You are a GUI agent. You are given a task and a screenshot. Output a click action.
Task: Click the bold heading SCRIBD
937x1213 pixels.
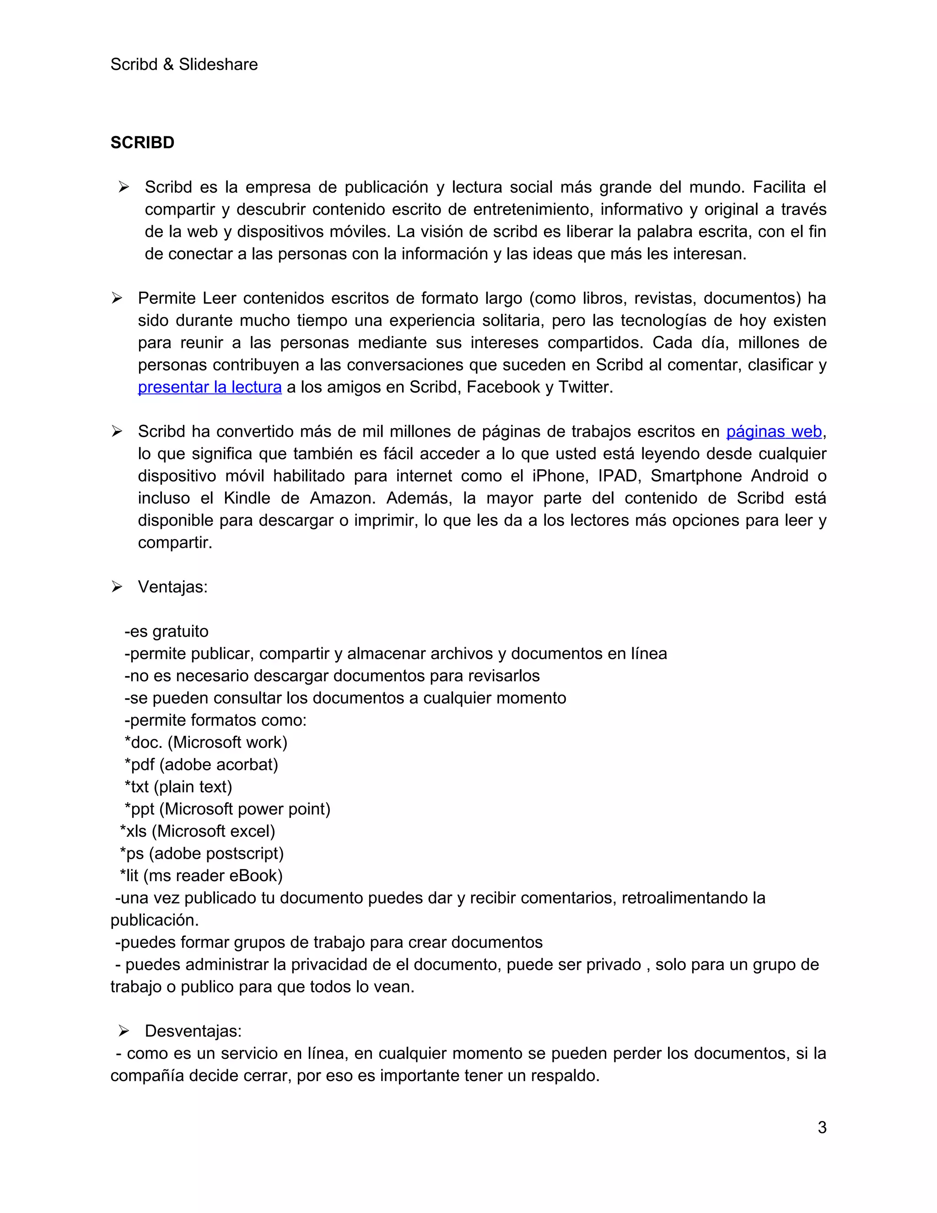tap(142, 143)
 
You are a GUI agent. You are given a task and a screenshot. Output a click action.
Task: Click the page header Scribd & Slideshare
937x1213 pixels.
tap(184, 65)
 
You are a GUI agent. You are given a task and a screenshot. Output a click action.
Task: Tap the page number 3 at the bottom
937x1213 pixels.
tap(822, 1127)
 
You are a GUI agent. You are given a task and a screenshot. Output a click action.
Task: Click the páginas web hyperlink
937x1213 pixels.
tap(773, 432)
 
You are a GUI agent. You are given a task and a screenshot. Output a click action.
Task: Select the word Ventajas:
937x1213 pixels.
tap(172, 587)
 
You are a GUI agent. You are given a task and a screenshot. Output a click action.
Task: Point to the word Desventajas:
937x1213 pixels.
tap(193, 1031)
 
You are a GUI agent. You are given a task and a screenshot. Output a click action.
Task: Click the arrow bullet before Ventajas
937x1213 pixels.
tap(117, 587)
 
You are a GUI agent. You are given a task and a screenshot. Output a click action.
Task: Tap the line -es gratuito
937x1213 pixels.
tap(167, 632)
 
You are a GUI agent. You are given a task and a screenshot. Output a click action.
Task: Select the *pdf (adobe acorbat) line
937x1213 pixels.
tap(201, 765)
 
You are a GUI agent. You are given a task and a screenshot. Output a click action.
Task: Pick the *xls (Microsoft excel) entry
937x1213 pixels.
tap(198, 831)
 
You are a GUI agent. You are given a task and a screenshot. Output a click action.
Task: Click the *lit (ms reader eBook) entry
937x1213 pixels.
tap(201, 876)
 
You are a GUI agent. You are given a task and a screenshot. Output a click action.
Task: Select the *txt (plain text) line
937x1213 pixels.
tap(178, 787)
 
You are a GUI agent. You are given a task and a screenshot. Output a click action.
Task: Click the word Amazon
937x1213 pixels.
tap(342, 498)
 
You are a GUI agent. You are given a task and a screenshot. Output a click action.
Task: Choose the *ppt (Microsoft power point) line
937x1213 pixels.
tap(227, 809)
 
